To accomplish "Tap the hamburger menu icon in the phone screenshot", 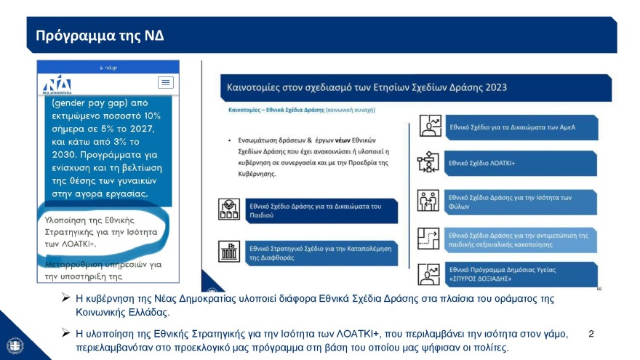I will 166,82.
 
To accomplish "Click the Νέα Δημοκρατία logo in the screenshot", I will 57,83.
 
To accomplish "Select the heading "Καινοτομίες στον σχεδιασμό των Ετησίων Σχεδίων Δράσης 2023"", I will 367,87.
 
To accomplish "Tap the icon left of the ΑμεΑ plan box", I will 429,127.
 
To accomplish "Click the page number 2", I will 591,334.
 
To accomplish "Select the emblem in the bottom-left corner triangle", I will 13,345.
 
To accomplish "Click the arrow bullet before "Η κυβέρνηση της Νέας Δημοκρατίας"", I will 66,299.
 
